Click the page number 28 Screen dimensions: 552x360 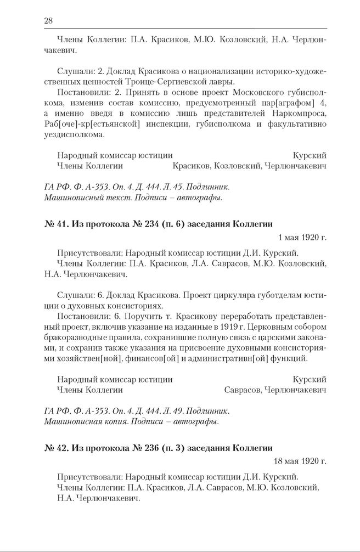48,20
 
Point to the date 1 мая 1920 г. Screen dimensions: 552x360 302,238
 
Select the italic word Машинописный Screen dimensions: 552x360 70,196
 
